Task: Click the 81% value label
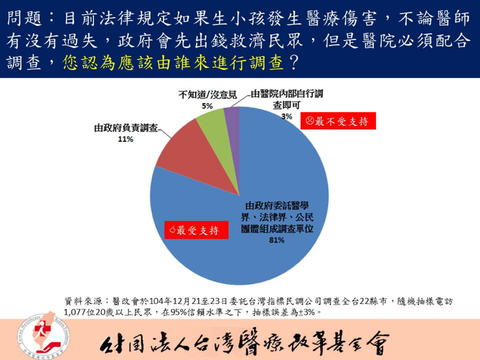pos(277,240)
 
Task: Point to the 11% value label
pos(126,139)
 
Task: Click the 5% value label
pos(207,106)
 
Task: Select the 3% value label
pos(286,116)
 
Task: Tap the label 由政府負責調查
pos(126,128)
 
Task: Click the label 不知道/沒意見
pos(208,95)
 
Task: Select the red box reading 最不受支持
pos(338,121)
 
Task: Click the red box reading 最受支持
pos(196,230)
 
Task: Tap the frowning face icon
pos(310,121)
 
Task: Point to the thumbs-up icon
pos(172,230)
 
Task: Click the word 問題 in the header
pos(24,18)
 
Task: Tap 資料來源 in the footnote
pos(83,302)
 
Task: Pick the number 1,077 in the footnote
pos(74,312)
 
